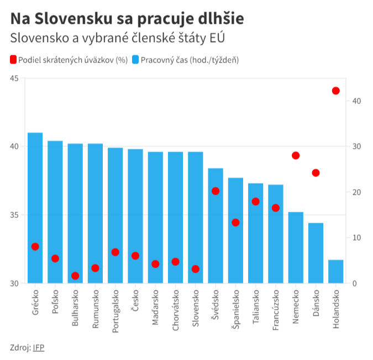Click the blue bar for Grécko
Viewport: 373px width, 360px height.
pyautogui.click(x=35, y=208)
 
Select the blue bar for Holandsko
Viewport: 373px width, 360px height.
pyautogui.click(x=335, y=272)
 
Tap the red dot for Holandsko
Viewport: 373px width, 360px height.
pyautogui.click(x=335, y=91)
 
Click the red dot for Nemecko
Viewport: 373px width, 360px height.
pyautogui.click(x=296, y=155)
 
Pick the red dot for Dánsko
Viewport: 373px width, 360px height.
pyautogui.click(x=316, y=173)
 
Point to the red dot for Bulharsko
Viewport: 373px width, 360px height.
pyautogui.click(x=75, y=275)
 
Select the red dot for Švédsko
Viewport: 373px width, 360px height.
pyautogui.click(x=216, y=191)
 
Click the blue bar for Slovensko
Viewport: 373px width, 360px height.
pyautogui.click(x=196, y=217)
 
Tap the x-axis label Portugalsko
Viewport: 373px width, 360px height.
pyautogui.click(x=115, y=310)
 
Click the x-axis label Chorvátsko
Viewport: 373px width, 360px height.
pyautogui.click(x=176, y=309)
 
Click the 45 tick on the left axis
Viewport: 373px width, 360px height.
pyautogui.click(x=14, y=79)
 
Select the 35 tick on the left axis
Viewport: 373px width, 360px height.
pyautogui.click(x=14, y=215)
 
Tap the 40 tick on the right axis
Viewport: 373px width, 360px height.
pyautogui.click(x=355, y=101)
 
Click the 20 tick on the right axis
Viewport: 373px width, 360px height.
pyautogui.click(x=355, y=192)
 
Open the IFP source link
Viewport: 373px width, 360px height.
pyautogui.click(x=38, y=347)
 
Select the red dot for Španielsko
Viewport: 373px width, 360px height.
pyautogui.click(x=235, y=222)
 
